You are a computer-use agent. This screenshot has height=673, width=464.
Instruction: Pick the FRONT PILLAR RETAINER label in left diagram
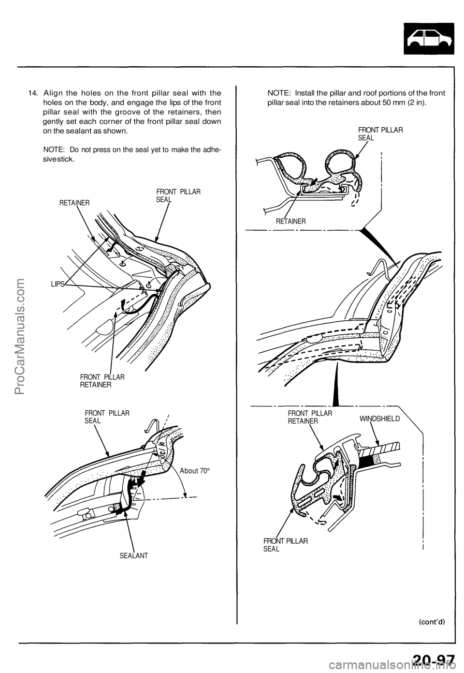[102, 381]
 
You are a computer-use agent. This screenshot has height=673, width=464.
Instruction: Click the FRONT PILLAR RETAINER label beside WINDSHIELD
[310, 417]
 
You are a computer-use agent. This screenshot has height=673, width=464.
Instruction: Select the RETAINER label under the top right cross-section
[291, 221]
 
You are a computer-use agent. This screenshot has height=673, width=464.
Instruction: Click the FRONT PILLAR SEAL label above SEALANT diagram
[107, 417]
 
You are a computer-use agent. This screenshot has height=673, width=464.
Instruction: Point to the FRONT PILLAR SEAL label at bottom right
[285, 545]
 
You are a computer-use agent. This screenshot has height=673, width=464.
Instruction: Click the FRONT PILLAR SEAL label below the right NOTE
[380, 134]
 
